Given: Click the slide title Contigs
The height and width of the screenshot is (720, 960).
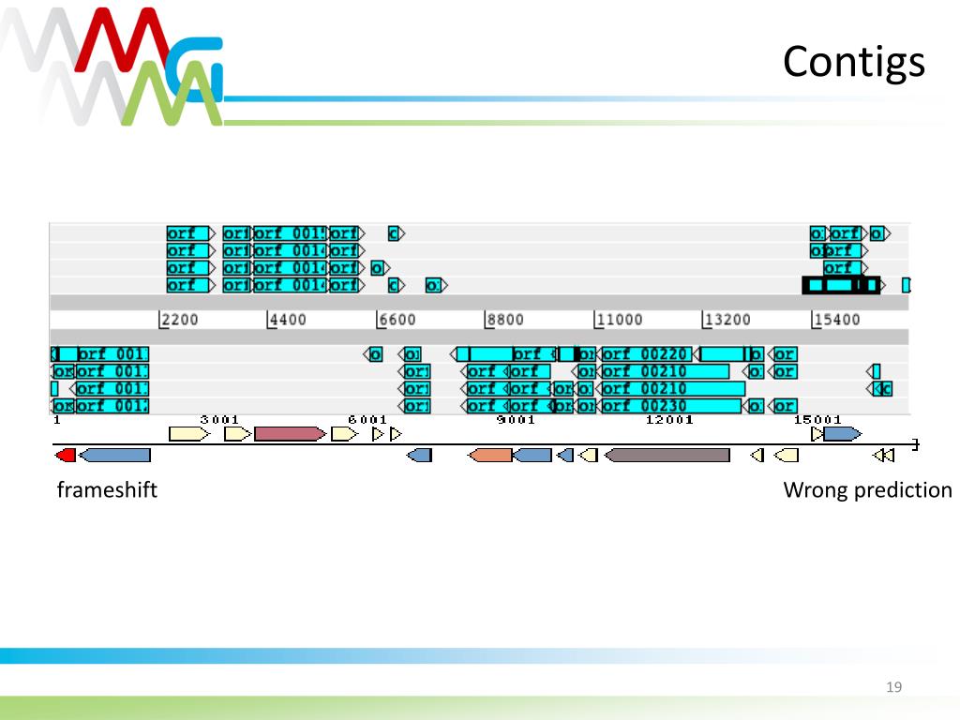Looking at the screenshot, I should tap(853, 62).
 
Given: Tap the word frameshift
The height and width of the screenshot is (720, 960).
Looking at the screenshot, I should tap(107, 489).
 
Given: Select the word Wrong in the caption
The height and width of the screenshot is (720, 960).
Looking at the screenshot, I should tap(815, 489).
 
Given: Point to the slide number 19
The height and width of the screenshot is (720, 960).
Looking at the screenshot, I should tap(893, 688).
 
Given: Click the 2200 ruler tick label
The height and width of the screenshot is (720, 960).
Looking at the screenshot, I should tap(179, 320).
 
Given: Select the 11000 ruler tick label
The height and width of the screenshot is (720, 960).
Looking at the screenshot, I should tap(619, 320).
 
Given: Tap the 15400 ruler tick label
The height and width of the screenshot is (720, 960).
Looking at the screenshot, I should tap(836, 320).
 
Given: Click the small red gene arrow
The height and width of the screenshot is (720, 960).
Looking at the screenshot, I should tap(66, 455).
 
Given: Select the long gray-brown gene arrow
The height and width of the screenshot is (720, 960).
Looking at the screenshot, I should tap(667, 455).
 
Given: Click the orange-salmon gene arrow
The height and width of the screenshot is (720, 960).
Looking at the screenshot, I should tap(490, 455).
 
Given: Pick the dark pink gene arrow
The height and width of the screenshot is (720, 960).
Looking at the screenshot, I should tap(290, 434).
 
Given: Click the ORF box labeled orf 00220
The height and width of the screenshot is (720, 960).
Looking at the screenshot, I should tap(645, 354).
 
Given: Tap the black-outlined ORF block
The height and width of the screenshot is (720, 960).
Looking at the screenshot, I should tap(841, 285).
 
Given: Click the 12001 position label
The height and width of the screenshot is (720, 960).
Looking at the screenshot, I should tap(669, 420).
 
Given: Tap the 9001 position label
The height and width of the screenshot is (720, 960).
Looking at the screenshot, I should tap(516, 420).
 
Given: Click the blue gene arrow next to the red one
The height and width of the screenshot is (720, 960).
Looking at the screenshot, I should tap(114, 455).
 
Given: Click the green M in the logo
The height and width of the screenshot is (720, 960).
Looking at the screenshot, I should tap(169, 98).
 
